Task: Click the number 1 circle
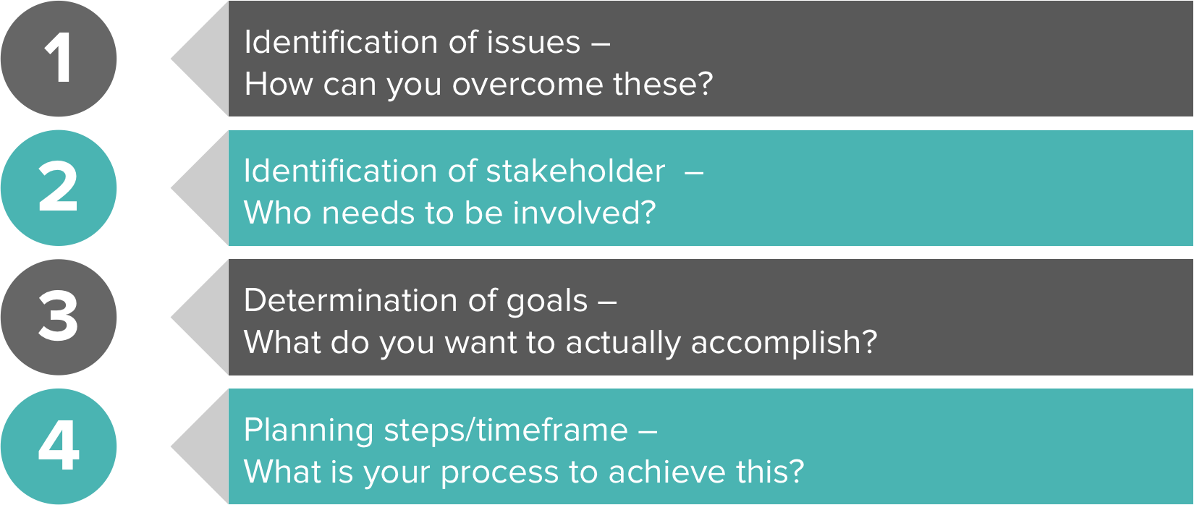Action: click(x=59, y=59)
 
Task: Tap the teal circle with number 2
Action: click(x=59, y=188)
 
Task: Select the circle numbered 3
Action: click(x=59, y=318)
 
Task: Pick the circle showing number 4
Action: click(x=59, y=446)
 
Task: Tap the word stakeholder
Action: click(x=576, y=171)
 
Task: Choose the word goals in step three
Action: click(x=546, y=302)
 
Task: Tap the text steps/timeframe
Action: click(x=506, y=430)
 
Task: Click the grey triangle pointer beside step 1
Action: click(x=200, y=59)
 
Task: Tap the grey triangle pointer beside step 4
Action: click(x=200, y=446)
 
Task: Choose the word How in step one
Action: click(x=279, y=84)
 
